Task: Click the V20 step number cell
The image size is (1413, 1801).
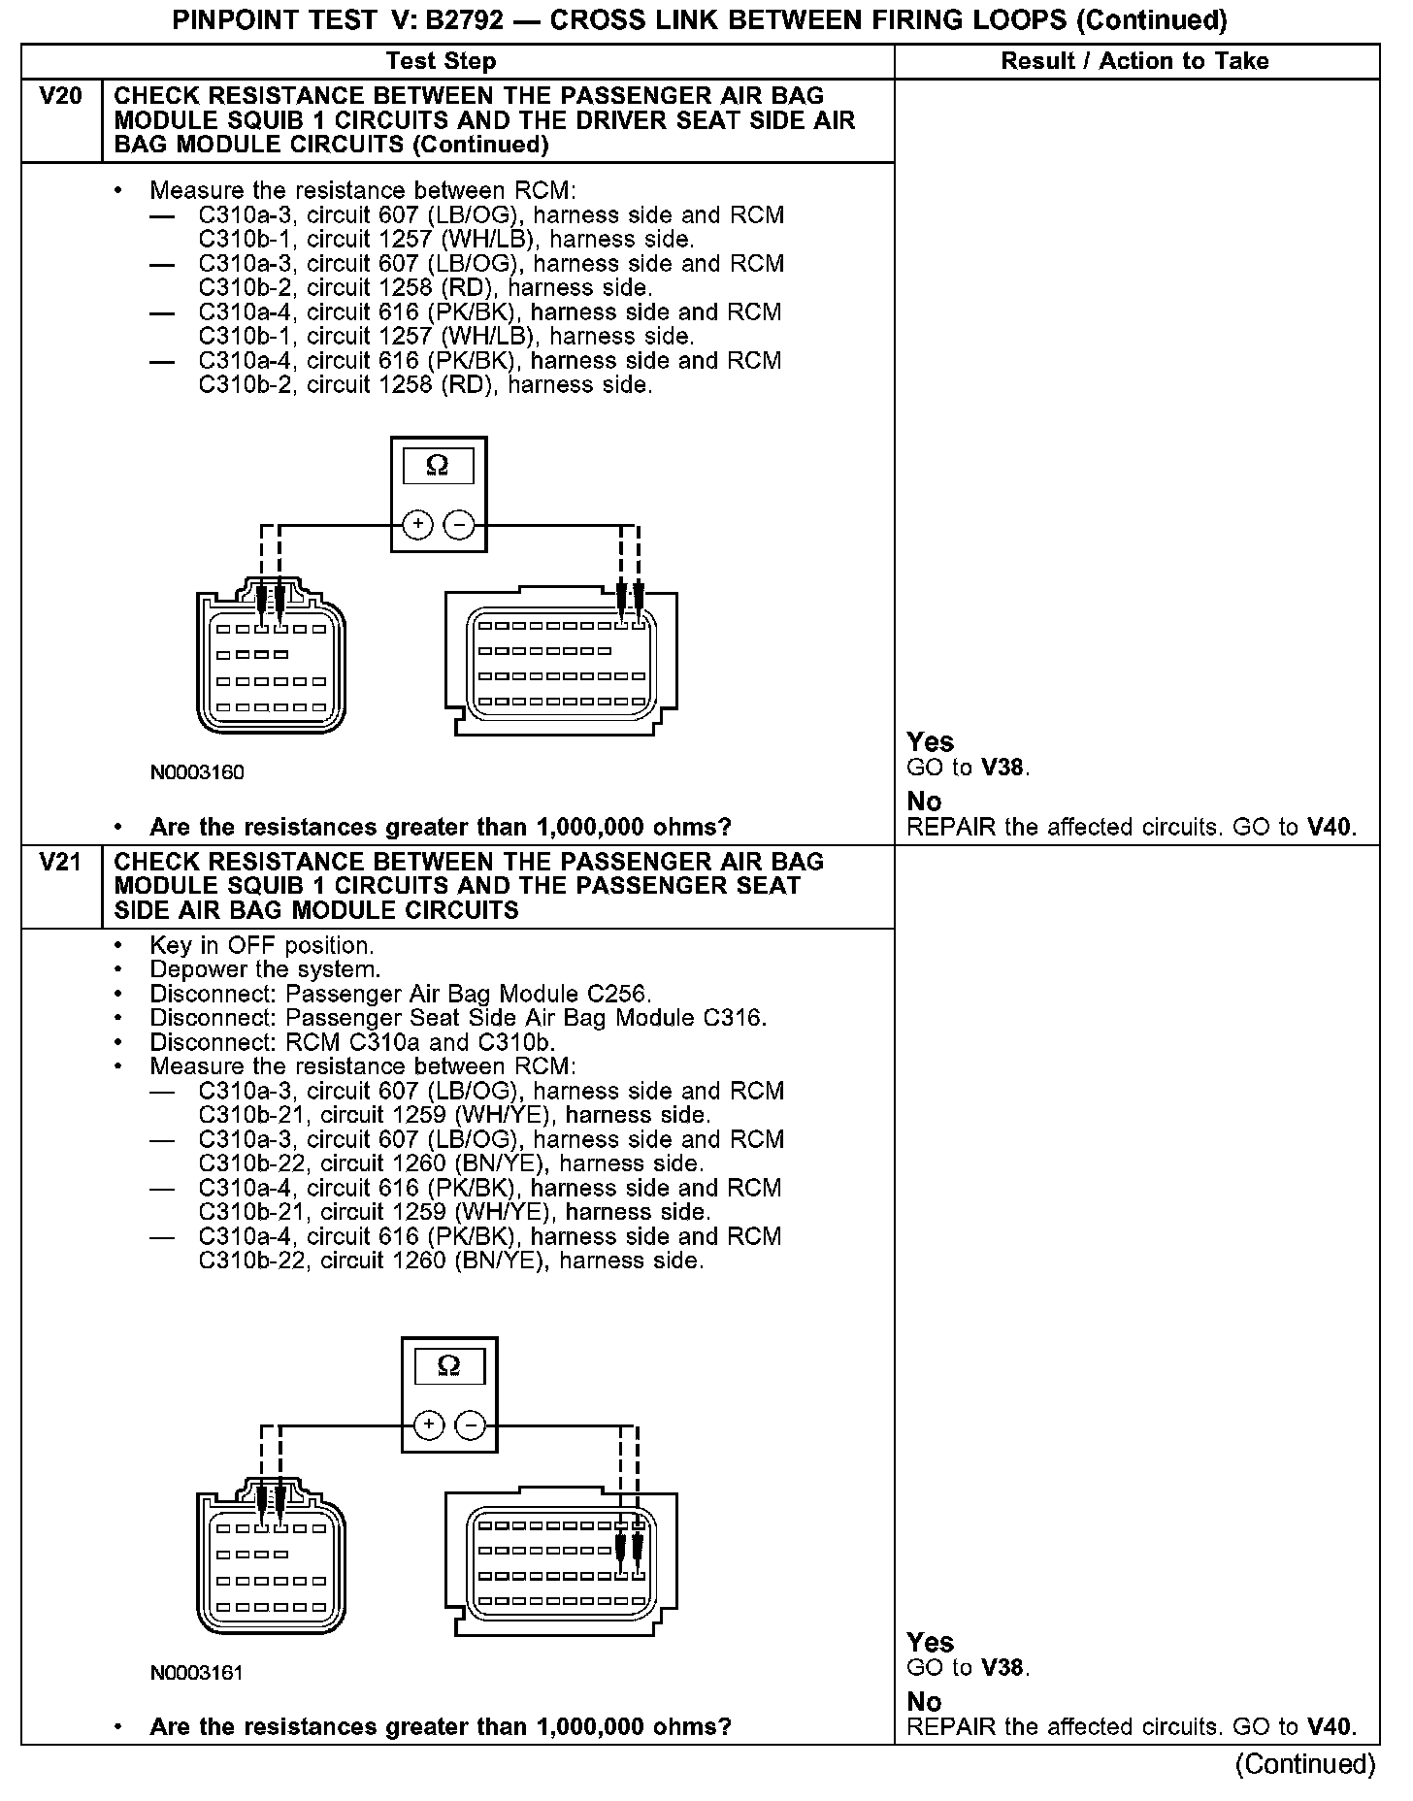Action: coord(60,97)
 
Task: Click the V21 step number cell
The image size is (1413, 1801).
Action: coord(60,863)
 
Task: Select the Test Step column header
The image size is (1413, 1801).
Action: coord(441,61)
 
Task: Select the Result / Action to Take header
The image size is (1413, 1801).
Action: coord(1134,61)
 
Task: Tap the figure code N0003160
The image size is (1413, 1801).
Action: coord(197,773)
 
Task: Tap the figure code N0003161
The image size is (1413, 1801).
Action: coord(197,1673)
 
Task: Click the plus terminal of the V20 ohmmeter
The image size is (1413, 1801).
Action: coord(417,525)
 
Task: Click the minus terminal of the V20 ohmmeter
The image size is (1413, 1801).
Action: coord(458,525)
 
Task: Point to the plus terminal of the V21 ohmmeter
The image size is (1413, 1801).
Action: coord(428,1425)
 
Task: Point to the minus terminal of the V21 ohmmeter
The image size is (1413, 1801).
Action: coord(470,1425)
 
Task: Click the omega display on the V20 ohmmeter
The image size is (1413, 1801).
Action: coord(438,467)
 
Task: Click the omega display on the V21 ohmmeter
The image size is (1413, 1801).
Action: coord(448,1366)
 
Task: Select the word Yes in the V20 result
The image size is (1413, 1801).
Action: coord(930,742)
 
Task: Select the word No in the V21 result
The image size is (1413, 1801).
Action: coord(924,1702)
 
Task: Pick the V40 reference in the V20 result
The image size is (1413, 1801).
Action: coord(1329,828)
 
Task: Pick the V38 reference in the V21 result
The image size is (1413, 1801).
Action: coord(1003,1668)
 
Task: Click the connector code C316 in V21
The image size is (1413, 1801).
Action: coord(733,1019)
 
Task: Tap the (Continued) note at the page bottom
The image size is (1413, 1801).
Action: coord(1305,1764)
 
